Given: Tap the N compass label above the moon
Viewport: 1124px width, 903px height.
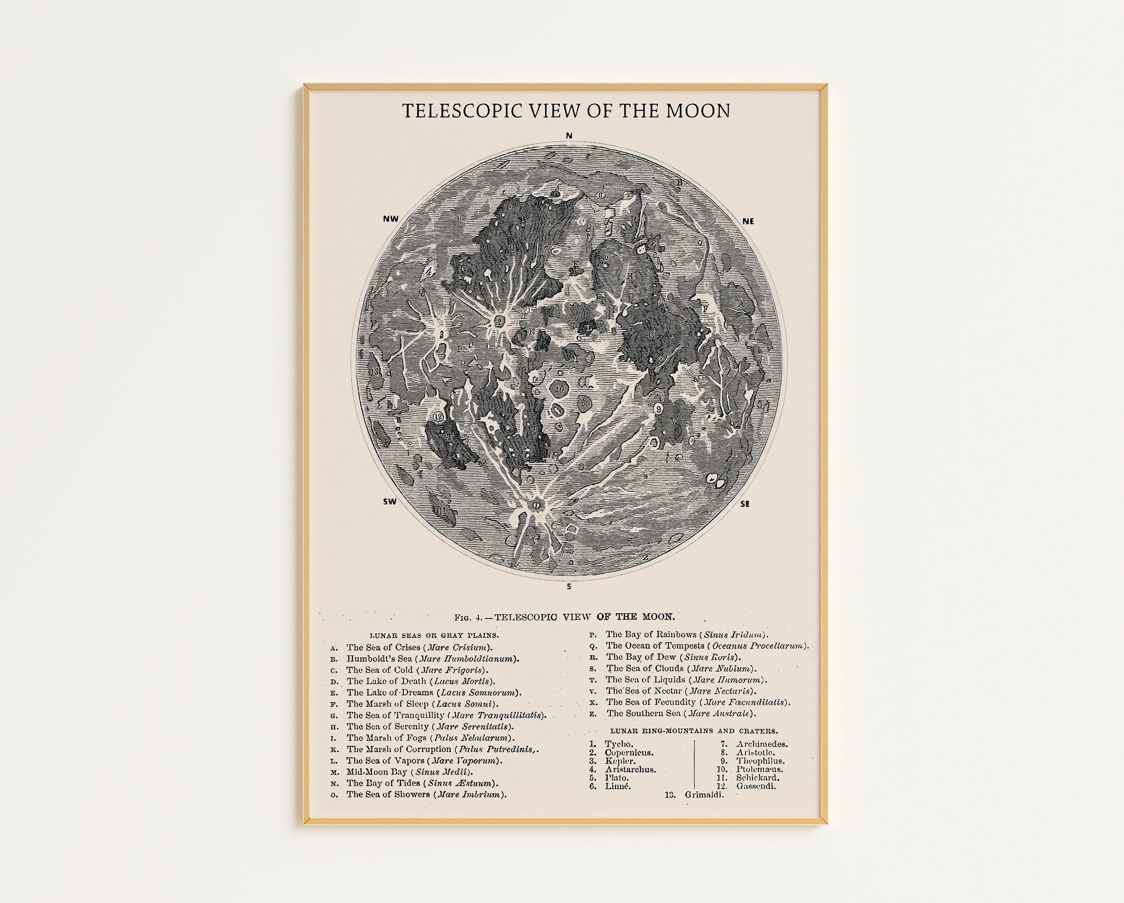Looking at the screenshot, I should (x=569, y=136).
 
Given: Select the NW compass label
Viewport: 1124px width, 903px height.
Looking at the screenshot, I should (x=391, y=219).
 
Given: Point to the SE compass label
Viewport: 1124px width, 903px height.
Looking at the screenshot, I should (x=745, y=504).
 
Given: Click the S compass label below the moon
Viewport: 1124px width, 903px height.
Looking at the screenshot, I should (x=569, y=587).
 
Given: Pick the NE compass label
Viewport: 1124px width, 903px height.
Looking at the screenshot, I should (x=748, y=221).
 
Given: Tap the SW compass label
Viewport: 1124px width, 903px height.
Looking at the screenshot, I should (x=390, y=502).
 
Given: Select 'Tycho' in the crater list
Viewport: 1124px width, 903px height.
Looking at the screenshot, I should (x=619, y=744).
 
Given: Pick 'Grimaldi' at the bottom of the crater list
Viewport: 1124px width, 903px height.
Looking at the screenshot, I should (x=704, y=795).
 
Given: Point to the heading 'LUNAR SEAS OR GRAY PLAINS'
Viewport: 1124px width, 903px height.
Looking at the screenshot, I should (x=434, y=636).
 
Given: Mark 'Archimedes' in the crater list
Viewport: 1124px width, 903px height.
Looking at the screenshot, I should (x=762, y=744).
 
